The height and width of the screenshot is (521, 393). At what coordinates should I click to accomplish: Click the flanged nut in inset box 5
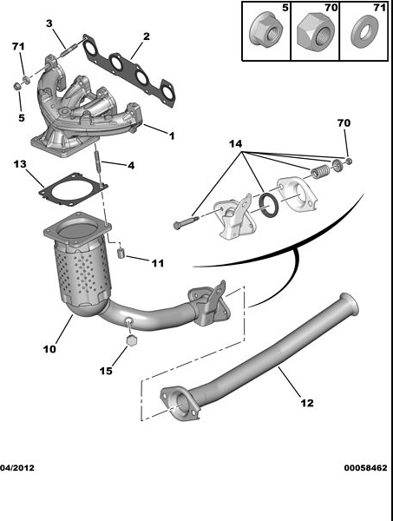[x=265, y=32]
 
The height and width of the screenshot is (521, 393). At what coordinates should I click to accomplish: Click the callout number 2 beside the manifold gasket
[x=146, y=36]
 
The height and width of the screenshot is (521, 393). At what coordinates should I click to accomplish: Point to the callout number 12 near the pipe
[x=307, y=403]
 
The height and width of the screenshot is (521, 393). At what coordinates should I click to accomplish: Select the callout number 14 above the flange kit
[x=235, y=144]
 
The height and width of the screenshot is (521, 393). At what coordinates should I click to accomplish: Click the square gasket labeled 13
[x=74, y=188]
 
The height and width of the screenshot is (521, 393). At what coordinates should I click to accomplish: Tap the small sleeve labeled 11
[x=121, y=254]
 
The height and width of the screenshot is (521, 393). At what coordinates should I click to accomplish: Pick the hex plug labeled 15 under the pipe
[x=132, y=340]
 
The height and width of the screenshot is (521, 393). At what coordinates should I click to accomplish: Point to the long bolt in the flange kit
[x=186, y=222]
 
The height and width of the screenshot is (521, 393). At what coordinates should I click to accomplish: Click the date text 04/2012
[x=17, y=468]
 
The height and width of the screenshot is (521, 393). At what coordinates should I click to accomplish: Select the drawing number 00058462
[x=365, y=468]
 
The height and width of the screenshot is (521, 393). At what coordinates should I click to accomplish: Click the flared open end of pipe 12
[x=350, y=305]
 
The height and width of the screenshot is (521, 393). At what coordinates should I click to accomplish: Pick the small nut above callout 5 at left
[x=16, y=86]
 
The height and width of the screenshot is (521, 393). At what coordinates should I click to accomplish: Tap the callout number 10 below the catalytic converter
[x=49, y=349]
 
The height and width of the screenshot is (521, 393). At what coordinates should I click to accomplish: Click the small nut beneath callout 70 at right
[x=348, y=162]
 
